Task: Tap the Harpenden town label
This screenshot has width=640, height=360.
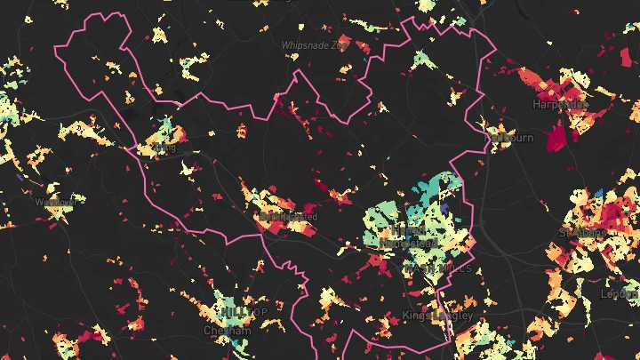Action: click(560, 104)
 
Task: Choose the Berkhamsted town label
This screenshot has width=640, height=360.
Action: click(286, 216)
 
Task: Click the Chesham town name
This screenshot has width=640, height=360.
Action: click(228, 330)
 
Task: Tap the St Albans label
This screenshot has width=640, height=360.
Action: click(583, 233)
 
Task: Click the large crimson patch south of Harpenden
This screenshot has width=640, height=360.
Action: click(556, 136)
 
